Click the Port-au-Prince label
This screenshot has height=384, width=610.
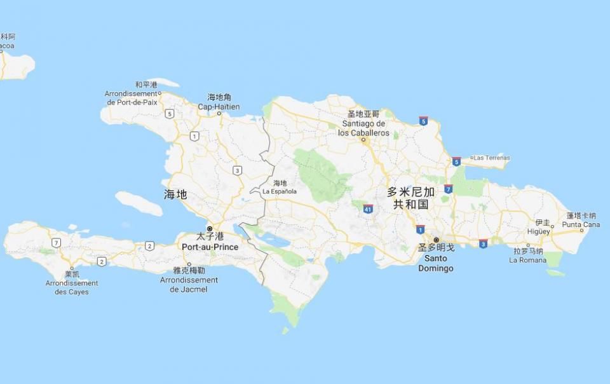[x=210, y=247]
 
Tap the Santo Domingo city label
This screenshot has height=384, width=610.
[x=436, y=263]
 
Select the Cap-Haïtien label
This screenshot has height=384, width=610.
[x=219, y=107]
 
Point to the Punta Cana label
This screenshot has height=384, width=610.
[x=581, y=224]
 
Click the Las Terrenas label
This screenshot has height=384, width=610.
[x=492, y=158]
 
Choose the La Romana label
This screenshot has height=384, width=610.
[x=527, y=260]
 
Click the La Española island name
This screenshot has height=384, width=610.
[x=280, y=191]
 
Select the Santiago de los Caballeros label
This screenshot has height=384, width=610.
[x=363, y=128]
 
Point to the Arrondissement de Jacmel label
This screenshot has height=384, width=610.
[x=189, y=284]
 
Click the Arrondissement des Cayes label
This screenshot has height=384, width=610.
[x=72, y=287]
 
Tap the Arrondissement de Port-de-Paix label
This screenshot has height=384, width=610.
[x=131, y=97]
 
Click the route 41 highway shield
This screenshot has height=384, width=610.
[x=368, y=209]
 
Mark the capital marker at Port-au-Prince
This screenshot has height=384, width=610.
[x=210, y=229]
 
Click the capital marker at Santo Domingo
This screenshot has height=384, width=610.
[x=436, y=240]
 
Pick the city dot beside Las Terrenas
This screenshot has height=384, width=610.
[x=471, y=158]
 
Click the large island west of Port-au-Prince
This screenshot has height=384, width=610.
[x=139, y=203]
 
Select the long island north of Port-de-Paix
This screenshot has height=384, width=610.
[x=165, y=82]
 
